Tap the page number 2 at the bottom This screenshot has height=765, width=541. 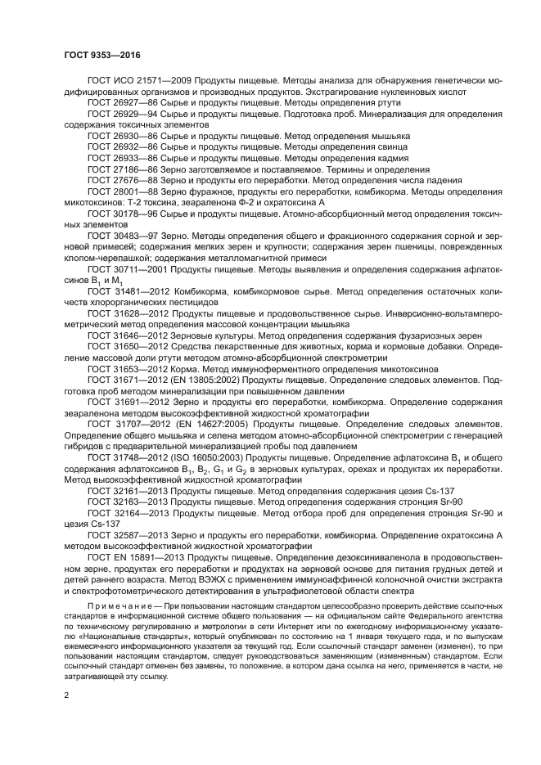point(67,695)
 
